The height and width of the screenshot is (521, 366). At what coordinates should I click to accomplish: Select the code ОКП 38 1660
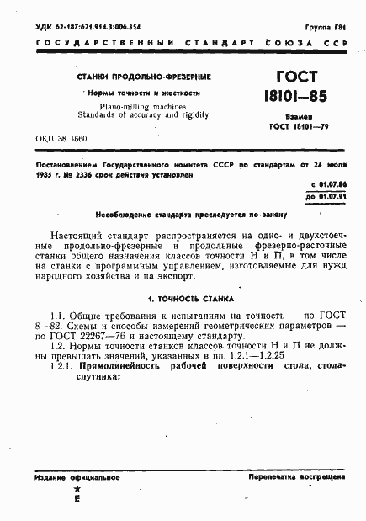click(x=62, y=137)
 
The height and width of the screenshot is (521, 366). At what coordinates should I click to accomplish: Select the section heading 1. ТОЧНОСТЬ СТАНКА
click(x=192, y=299)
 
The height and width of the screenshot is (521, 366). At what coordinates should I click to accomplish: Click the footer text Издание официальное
click(x=72, y=477)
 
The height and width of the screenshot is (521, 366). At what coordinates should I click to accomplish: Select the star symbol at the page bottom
click(x=77, y=489)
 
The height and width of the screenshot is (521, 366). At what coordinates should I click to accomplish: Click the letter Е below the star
click(x=77, y=499)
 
